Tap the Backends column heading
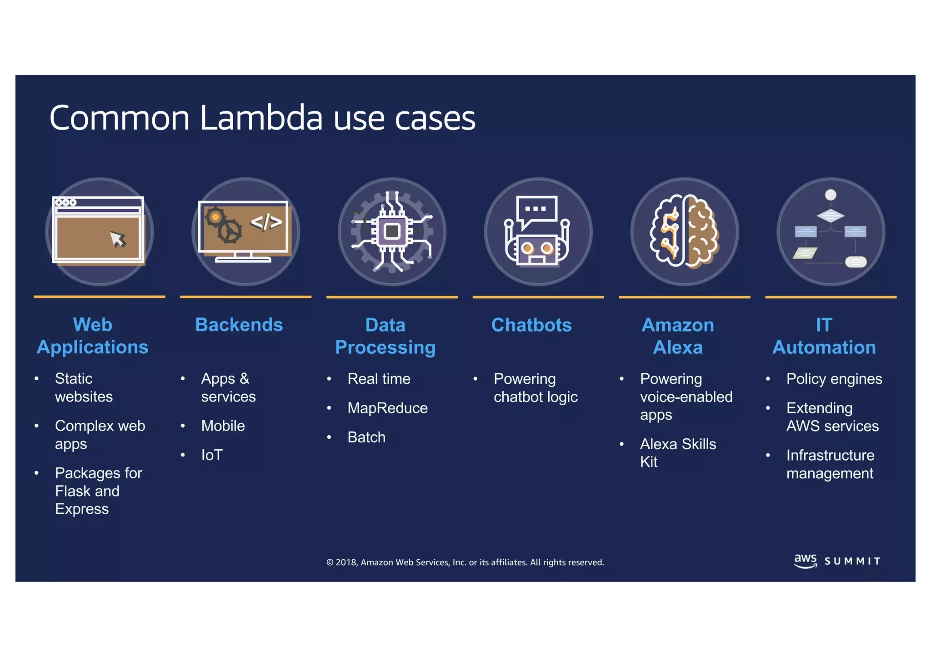coord(239,325)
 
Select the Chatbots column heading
coord(531,325)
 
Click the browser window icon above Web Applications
coord(99,231)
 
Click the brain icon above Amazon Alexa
coord(685,231)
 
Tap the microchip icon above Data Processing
coord(392,231)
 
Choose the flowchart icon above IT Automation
coord(831,231)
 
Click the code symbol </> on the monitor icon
coord(266,222)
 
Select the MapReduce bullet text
coord(387,408)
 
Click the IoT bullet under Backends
coord(212,455)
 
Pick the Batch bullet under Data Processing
coord(366,437)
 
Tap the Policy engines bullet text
coord(834,379)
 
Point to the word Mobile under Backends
coord(223,426)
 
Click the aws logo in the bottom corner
coord(805,560)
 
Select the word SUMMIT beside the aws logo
coord(852,562)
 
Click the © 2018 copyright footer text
coord(465,563)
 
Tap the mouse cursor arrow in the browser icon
coord(118,239)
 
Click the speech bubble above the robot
coord(537,211)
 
